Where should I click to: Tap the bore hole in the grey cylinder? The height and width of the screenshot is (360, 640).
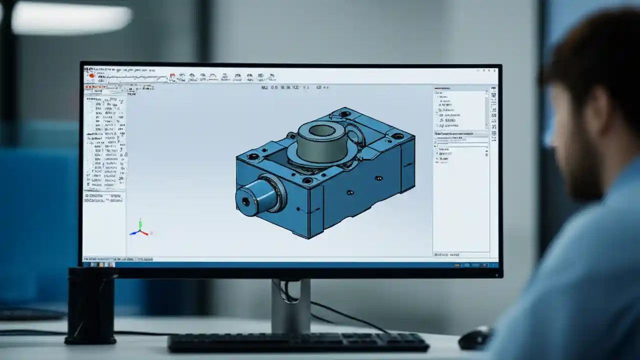[x=322, y=131]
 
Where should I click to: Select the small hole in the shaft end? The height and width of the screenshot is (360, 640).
[x=245, y=201]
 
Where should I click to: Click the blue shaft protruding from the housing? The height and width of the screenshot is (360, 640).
[x=257, y=195]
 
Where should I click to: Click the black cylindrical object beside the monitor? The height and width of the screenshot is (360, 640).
[x=90, y=305]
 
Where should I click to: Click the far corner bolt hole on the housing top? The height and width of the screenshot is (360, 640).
[x=344, y=113]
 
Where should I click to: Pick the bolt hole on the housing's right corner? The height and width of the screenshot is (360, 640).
[x=397, y=135]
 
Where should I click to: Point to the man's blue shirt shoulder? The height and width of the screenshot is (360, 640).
[x=575, y=260]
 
